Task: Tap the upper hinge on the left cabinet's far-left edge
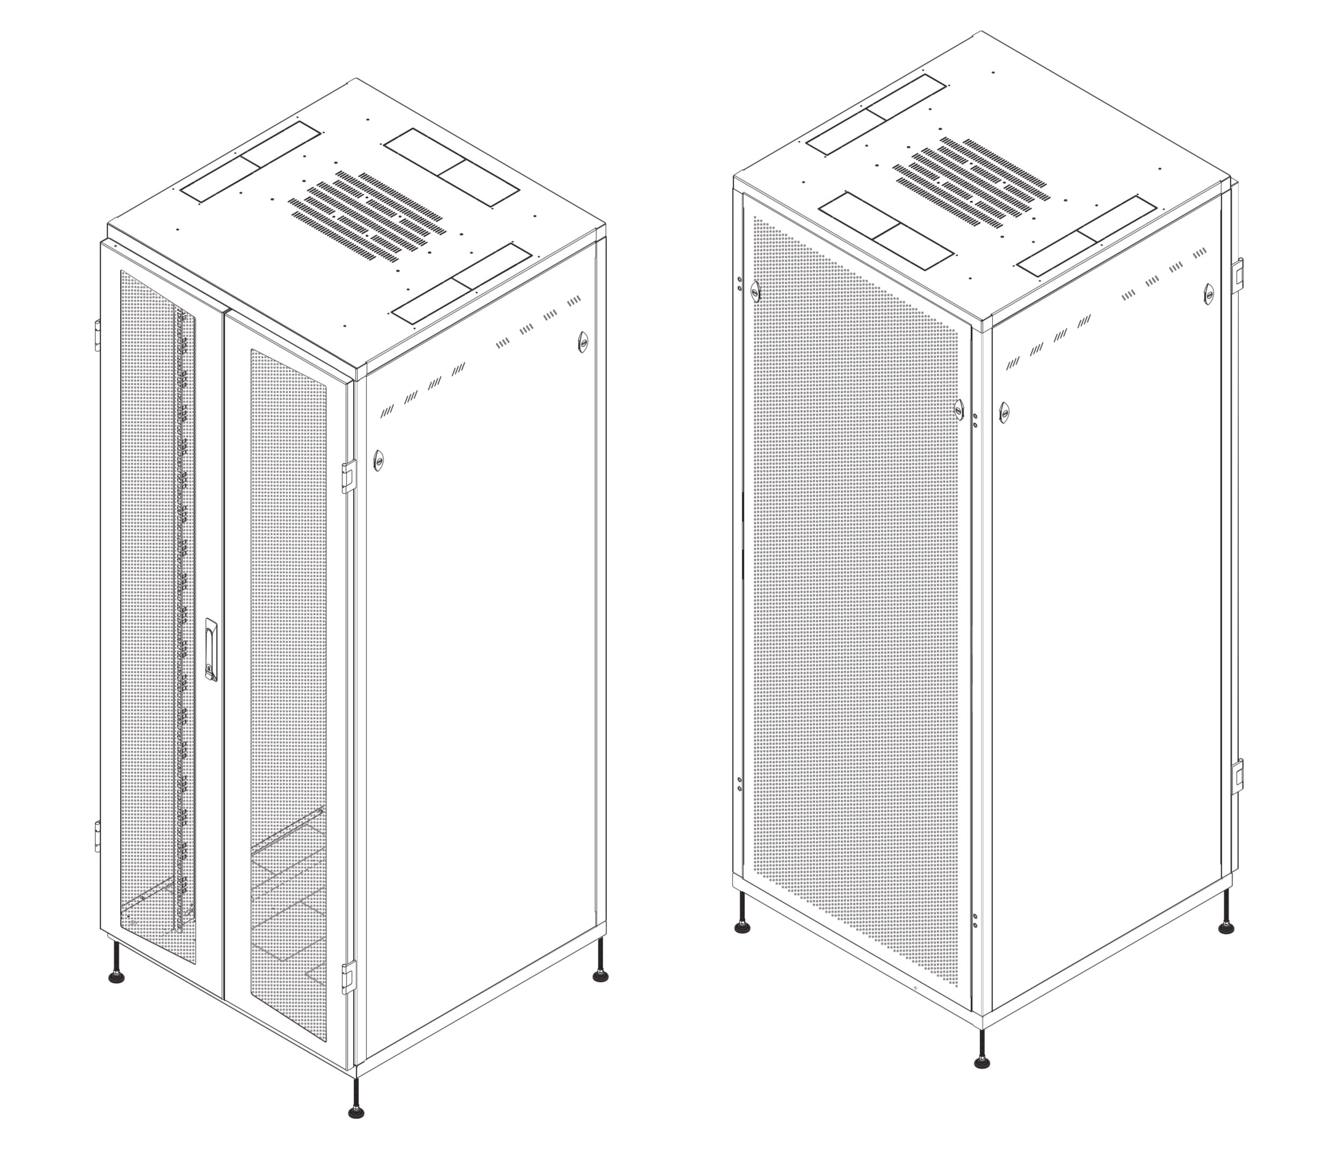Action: [x=98, y=335]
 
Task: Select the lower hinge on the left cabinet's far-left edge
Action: [x=98, y=836]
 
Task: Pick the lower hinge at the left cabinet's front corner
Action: [x=349, y=977]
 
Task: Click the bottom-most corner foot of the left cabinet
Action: [x=356, y=1111]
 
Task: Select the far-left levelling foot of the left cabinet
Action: [x=117, y=977]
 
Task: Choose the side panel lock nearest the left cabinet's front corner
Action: [x=378, y=460]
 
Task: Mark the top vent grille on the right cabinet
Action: [x=972, y=182]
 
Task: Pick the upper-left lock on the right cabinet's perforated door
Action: [x=755, y=291]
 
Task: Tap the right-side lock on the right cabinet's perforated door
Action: [x=959, y=409]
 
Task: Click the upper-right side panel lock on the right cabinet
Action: [x=1209, y=294]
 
